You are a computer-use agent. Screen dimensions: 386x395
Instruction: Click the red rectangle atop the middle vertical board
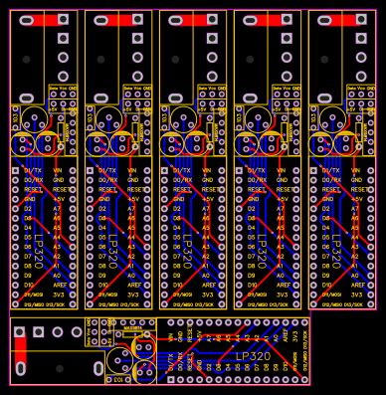click(193, 20)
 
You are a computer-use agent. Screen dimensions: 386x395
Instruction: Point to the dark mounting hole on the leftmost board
click(26, 59)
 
